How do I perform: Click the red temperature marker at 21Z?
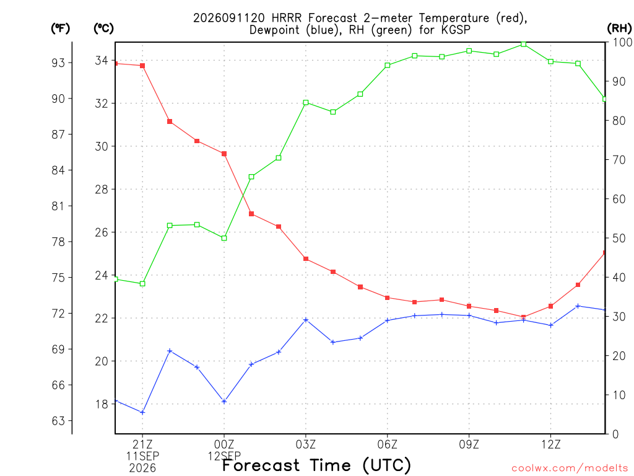(x=142, y=66)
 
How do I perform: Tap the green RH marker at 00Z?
(x=224, y=238)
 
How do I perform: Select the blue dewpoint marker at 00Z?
(x=224, y=402)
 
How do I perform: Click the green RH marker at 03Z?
(x=306, y=102)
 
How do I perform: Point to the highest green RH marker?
(x=524, y=44)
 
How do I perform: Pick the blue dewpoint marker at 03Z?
(x=306, y=320)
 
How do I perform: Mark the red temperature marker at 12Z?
(x=550, y=306)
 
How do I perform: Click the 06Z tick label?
(x=388, y=445)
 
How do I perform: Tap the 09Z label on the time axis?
(x=469, y=445)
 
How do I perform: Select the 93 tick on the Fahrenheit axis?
(x=58, y=63)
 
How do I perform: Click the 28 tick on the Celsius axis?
(x=102, y=189)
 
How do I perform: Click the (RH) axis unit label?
(x=619, y=28)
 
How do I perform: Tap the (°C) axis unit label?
(x=103, y=28)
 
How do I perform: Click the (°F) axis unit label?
(x=60, y=28)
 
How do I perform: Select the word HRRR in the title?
(x=286, y=18)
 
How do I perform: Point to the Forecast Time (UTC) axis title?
(x=316, y=465)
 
